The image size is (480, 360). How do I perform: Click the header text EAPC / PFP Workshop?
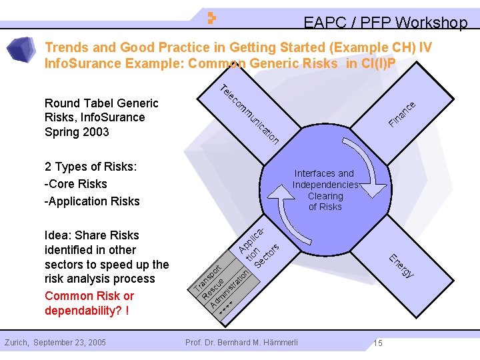point(385,23)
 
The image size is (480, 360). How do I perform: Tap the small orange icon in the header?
point(211,18)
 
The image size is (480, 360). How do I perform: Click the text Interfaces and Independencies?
point(325,179)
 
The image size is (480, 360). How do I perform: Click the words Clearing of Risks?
point(325,201)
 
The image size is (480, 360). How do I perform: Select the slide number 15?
point(377,343)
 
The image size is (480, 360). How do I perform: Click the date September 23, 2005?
point(69,343)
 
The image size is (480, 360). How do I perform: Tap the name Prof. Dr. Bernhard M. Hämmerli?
point(242,343)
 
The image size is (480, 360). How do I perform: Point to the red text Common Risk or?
point(89,296)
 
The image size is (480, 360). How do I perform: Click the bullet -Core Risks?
point(75,183)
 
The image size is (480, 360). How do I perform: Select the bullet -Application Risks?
point(92,201)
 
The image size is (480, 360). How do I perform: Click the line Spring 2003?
point(77,131)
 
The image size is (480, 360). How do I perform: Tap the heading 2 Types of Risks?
point(90,166)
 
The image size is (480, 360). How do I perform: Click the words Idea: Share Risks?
point(92,235)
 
